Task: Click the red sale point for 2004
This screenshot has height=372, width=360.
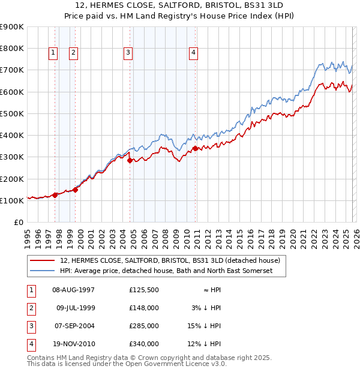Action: [x=130, y=160]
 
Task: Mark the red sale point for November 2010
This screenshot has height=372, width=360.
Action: [x=196, y=148]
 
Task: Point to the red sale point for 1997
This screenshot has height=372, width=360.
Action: [x=55, y=194]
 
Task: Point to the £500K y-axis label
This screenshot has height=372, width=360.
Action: [x=12, y=113]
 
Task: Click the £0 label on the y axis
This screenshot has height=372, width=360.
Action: [x=18, y=222]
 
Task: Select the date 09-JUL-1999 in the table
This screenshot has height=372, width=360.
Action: [x=76, y=308]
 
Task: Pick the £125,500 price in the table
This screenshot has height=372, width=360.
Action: [x=144, y=290]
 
